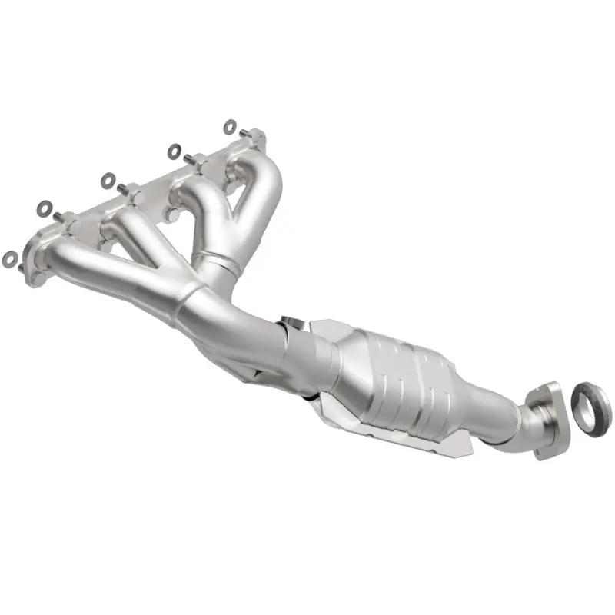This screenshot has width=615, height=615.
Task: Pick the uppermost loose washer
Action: pyautogui.click(x=230, y=125)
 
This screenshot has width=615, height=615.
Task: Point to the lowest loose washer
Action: pyautogui.click(x=9, y=259)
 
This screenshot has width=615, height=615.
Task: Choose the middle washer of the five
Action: pyautogui.click(x=108, y=180)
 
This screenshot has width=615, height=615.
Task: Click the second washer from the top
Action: pyautogui.click(x=174, y=151)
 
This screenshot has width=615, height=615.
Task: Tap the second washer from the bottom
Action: pyautogui.click(x=45, y=208)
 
